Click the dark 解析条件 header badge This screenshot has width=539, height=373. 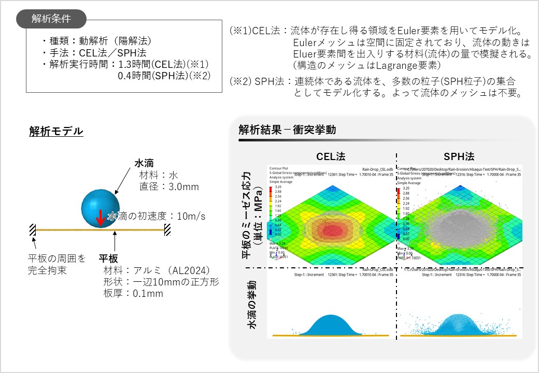(x=51, y=19)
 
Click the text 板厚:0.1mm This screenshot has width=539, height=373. (x=133, y=294)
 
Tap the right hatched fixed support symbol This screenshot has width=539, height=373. (x=167, y=229)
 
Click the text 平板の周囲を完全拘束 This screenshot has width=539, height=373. (x=56, y=264)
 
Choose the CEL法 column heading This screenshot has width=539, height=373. (x=331, y=156)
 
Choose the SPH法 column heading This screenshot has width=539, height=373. (x=460, y=156)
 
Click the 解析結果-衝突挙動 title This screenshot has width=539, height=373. (x=287, y=130)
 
